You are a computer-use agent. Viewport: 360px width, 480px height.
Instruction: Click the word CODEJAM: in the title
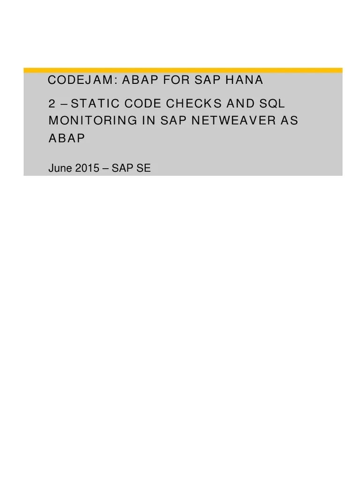(81, 81)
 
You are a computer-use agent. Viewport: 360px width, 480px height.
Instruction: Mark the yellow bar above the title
(183, 70)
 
